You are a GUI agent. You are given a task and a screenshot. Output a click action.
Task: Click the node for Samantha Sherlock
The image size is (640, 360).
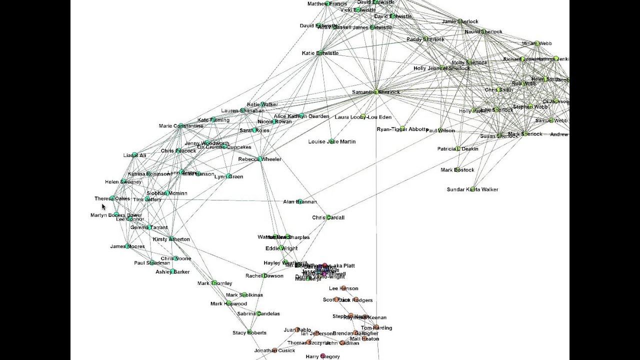pyautogui.click(x=376, y=91)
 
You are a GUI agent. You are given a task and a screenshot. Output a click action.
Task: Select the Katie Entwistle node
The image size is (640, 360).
pyautogui.click(x=319, y=53)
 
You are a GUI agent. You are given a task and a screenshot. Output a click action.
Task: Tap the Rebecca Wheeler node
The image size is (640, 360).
pyautogui.click(x=260, y=159)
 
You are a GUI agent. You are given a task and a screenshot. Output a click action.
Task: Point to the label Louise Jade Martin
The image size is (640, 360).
pyautogui.click(x=332, y=142)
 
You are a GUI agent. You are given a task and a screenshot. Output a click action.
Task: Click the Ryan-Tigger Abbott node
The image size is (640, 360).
pyautogui.click(x=402, y=128)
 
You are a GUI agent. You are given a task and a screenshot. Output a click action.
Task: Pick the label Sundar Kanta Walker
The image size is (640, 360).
pyautogui.click(x=472, y=189)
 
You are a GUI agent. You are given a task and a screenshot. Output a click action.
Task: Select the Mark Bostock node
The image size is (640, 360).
pyautogui.click(x=457, y=170)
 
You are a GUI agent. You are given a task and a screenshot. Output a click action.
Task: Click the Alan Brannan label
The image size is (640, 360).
pyautogui.click(x=300, y=202)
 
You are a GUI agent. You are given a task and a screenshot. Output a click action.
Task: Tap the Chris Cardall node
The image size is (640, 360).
pyautogui.click(x=328, y=217)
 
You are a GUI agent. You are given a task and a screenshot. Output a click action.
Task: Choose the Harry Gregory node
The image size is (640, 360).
pyautogui.click(x=322, y=356)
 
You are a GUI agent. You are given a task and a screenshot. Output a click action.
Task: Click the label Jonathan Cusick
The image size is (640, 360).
pyautogui.click(x=274, y=351)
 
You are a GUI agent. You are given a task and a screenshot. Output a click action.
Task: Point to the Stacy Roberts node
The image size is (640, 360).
pyautogui.click(x=249, y=332)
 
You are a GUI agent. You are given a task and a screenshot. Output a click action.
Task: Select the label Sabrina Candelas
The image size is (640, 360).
pyautogui.click(x=258, y=314)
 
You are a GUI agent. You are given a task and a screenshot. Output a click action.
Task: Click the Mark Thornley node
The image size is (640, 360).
pyautogui.click(x=214, y=283)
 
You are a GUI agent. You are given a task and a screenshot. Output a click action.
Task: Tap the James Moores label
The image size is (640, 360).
pyautogui.click(x=127, y=246)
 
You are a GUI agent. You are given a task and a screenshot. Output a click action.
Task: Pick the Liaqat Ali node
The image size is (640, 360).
pyautogui.click(x=134, y=155)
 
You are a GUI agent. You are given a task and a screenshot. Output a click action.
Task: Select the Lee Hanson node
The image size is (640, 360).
pyautogui.click(x=343, y=288)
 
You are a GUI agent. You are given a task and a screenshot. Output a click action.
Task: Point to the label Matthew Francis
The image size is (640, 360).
pyautogui.click(x=327, y=4)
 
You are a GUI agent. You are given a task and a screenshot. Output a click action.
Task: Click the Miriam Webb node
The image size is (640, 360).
pyautogui.click(x=537, y=43)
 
